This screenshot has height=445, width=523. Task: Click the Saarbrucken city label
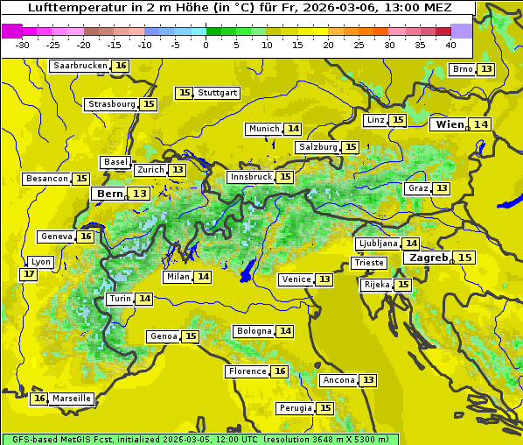click(80, 66)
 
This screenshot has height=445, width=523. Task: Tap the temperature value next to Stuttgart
click(184, 93)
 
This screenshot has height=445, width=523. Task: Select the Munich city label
click(263, 129)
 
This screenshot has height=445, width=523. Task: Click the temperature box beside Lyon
click(29, 274)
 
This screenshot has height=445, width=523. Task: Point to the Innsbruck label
click(250, 177)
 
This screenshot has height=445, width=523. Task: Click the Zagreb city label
click(428, 258)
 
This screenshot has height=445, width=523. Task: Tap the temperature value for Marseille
click(38, 399)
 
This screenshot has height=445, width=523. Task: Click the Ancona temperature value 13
click(368, 380)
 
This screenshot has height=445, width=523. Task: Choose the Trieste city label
click(368, 263)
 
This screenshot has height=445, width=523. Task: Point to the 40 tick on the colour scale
click(450, 44)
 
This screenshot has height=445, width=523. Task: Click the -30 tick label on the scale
click(23, 44)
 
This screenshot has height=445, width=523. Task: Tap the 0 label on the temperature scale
click(206, 44)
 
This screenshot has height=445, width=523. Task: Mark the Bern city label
click(110, 194)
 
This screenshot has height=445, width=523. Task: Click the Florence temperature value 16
click(280, 371)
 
